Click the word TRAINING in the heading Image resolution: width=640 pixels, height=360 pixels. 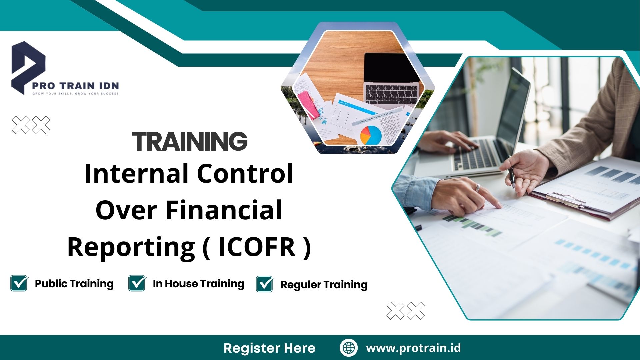click(x=190, y=141)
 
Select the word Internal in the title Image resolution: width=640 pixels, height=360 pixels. click(x=135, y=174)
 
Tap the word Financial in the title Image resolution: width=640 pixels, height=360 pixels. click(x=224, y=210)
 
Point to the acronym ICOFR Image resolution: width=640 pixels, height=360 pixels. click(x=257, y=247)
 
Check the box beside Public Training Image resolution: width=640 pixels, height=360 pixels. click(x=19, y=283)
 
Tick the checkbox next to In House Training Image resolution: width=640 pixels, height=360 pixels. click(x=137, y=283)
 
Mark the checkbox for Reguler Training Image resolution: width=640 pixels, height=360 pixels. click(x=265, y=284)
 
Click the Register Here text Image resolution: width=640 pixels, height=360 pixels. click(x=269, y=348)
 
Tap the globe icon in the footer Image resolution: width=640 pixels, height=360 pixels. click(x=349, y=348)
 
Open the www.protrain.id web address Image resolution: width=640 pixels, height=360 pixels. click(x=413, y=348)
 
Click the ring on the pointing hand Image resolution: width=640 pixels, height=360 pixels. click(x=478, y=187)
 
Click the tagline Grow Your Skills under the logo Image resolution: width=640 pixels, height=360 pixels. click(x=75, y=94)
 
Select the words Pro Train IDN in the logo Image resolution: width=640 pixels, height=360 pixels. click(x=75, y=86)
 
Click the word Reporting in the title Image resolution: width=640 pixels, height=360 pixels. click(x=131, y=247)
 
